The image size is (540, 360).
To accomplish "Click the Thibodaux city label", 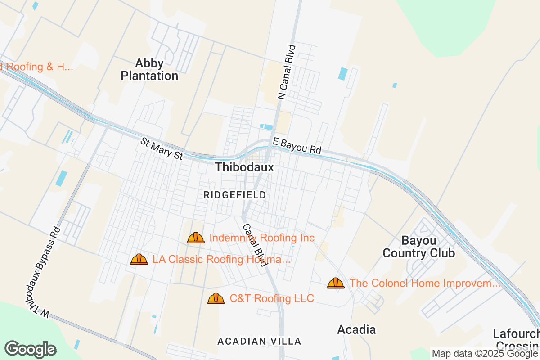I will [x=244, y=167].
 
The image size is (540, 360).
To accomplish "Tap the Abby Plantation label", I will [x=149, y=69].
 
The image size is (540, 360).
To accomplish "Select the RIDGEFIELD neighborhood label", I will [x=235, y=195].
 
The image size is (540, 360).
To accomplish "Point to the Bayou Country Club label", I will [x=418, y=247].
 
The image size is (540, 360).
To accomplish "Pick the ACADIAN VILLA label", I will [x=259, y=341].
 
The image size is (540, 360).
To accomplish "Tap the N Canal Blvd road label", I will [x=287, y=72].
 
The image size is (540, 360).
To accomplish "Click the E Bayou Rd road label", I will [x=297, y=146].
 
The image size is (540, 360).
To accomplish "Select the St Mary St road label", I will [x=162, y=149].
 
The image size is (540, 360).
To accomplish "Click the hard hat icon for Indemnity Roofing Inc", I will [x=196, y=238].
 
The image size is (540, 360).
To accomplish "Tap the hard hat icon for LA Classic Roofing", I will [x=139, y=259].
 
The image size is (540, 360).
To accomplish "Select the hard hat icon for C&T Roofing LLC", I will [x=216, y=298].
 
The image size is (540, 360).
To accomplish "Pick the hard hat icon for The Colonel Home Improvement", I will [x=336, y=283].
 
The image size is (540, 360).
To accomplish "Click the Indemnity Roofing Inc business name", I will [x=262, y=238].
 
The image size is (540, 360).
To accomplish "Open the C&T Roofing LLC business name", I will [x=272, y=298].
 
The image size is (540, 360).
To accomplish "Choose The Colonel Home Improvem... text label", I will [x=425, y=283].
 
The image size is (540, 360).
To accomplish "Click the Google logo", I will [x=31, y=349].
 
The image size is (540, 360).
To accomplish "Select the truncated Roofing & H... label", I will [x=36, y=67].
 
